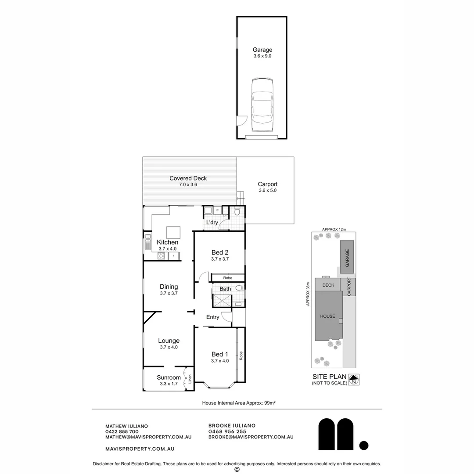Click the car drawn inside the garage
click(x=262, y=105)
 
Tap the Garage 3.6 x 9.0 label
click(x=262, y=53)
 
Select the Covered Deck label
click(x=188, y=181)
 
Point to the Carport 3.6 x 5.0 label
click(x=267, y=187)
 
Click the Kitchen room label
click(x=168, y=245)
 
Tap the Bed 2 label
click(x=220, y=255)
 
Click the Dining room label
click(x=169, y=290)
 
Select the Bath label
click(x=225, y=289)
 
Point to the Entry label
click(x=212, y=317)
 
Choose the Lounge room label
click(x=169, y=343)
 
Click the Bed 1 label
click(x=220, y=357)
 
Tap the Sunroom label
click(x=169, y=380)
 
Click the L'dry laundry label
click(x=212, y=223)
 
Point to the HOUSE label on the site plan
click(x=327, y=316)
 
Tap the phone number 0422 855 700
click(x=122, y=431)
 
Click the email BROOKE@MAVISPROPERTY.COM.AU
click(x=251, y=437)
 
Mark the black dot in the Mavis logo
click(x=363, y=445)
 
